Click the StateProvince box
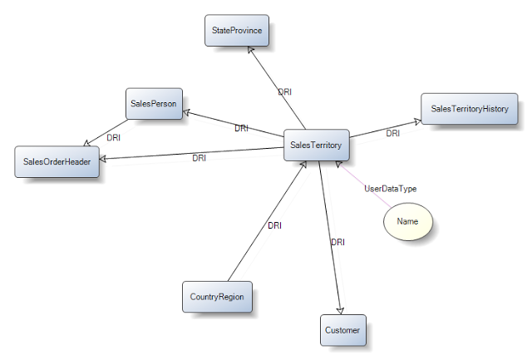coord(237,32)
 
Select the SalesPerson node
coord(154,103)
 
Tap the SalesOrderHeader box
coord(57,161)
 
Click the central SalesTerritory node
coord(316,145)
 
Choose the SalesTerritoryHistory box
coord(469,108)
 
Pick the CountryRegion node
coord(216,296)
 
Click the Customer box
coord(342,330)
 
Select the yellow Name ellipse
coord(407,222)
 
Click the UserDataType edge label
coord(391,189)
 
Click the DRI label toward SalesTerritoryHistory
coord(393,133)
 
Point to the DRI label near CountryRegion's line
coord(275,225)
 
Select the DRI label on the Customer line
coord(338,242)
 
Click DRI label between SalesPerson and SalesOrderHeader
coord(114,137)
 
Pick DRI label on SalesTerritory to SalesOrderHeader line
coord(199,158)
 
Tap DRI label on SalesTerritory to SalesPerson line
coord(241,129)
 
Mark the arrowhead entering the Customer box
coord(339,309)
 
